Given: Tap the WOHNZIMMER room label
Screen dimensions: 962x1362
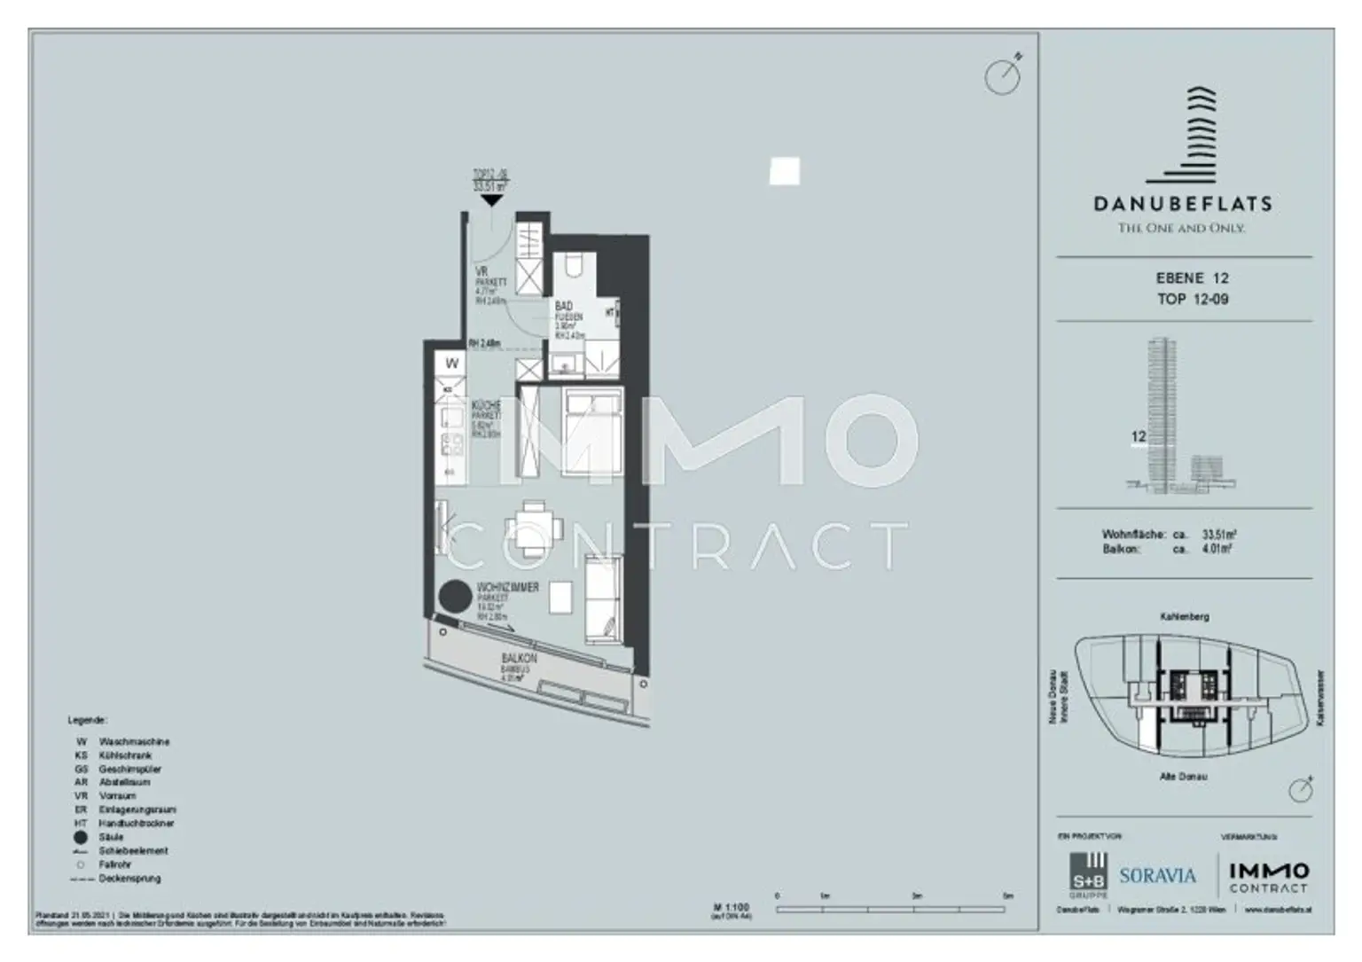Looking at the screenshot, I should tap(507, 588).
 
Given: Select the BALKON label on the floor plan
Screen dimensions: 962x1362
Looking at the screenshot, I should tap(519, 660).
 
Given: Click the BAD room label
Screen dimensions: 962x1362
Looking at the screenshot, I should tap(564, 307).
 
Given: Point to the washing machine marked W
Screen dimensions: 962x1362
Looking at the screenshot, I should tap(452, 364).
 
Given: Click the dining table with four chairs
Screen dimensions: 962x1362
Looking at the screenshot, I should tap(533, 521).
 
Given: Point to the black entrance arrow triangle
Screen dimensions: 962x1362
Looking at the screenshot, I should tap(491, 201).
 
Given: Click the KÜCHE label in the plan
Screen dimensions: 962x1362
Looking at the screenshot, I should tap(486, 405).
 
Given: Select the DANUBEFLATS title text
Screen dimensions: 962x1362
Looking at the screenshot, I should tap(1183, 204).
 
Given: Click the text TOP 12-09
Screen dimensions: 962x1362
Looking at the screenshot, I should tap(1193, 300).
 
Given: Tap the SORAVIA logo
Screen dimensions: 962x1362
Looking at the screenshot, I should tap(1157, 876).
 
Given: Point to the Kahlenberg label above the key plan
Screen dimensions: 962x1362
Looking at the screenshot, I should tap(1184, 616).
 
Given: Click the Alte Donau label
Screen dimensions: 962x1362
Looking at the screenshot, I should tap(1184, 777).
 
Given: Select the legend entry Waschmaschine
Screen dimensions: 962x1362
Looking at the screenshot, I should tap(134, 741).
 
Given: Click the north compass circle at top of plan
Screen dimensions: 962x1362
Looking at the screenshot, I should tap(1002, 77).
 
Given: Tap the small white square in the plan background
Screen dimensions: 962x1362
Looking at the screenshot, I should tap(784, 171).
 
